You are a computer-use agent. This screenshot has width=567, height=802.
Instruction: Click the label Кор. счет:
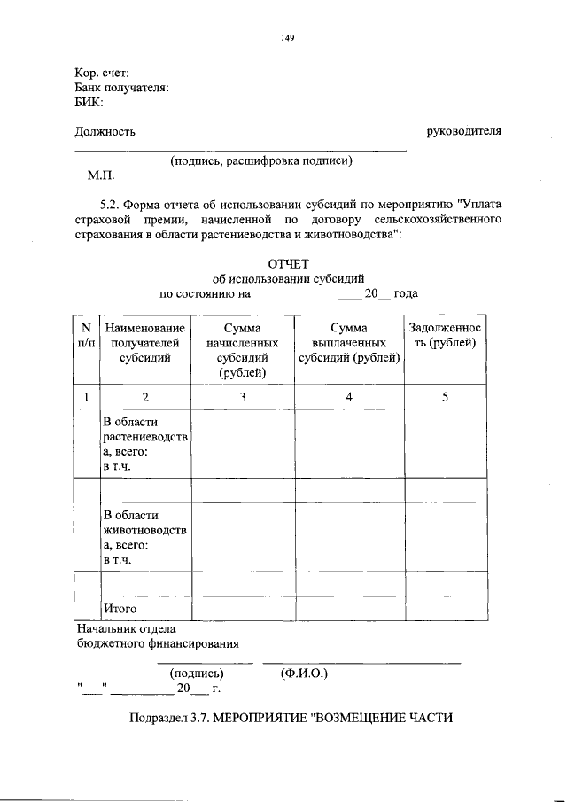coord(102,73)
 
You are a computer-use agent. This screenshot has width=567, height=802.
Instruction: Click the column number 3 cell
coord(243,397)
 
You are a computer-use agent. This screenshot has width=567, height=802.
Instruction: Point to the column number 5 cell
coord(445,397)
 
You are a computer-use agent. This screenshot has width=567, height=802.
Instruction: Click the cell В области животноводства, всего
coord(144,537)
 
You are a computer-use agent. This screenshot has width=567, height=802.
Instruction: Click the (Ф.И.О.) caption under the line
coord(304,674)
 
